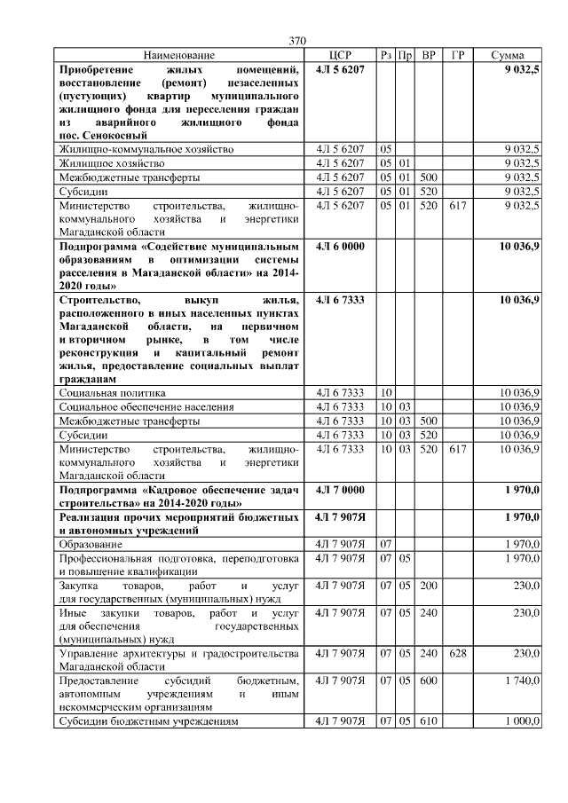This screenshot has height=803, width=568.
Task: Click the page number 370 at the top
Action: coord(297,41)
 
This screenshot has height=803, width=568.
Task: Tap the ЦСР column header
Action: coord(340,55)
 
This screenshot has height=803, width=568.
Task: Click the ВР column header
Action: coord(429,55)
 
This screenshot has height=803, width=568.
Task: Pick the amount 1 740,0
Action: coord(521,679)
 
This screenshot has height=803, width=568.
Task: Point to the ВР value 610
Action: coord(429,720)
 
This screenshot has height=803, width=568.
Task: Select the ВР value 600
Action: coord(429,679)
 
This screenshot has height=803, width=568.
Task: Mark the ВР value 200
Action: coord(429,586)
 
